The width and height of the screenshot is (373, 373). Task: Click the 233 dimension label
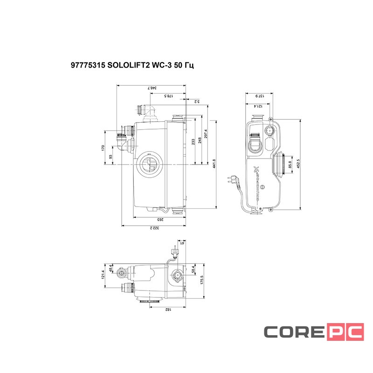193,142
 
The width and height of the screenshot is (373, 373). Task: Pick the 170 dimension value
103,148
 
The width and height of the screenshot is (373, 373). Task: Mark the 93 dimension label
111,157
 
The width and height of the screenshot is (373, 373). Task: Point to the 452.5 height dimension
297,164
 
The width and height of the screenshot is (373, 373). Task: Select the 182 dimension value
166,309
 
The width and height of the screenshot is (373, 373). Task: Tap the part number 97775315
88,66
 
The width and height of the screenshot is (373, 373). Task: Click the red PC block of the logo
345,332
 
